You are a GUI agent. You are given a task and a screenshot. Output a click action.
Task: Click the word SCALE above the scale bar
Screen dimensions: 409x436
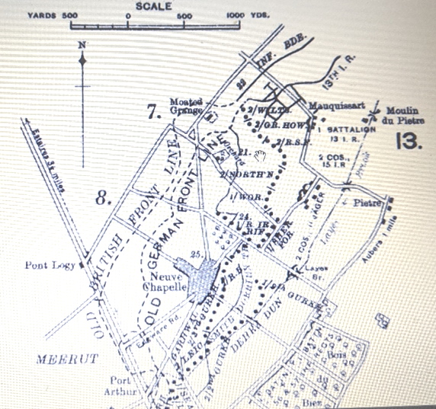[154, 6]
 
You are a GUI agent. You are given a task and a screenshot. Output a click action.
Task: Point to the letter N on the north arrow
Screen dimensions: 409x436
[82, 43]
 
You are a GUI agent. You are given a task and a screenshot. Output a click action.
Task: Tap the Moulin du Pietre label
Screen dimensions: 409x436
[403, 114]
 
